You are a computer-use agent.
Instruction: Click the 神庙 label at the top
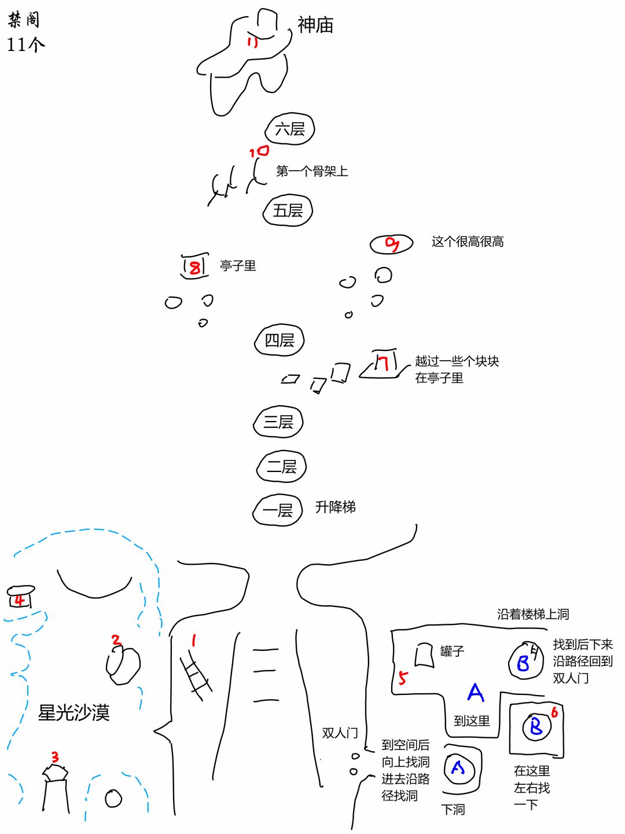pyautogui.click(x=315, y=25)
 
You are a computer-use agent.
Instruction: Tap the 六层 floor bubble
pyautogui.click(x=289, y=129)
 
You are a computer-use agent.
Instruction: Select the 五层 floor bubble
pyautogui.click(x=288, y=210)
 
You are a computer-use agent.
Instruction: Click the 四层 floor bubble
pyautogui.click(x=280, y=340)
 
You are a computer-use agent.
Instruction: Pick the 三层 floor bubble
pyautogui.click(x=278, y=422)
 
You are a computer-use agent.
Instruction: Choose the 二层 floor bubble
pyautogui.click(x=281, y=467)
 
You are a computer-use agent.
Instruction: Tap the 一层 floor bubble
pyautogui.click(x=277, y=510)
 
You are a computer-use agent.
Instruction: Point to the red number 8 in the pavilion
pyautogui.click(x=195, y=267)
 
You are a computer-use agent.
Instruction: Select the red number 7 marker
pyautogui.click(x=383, y=363)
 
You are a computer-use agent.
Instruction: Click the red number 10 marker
pyautogui.click(x=259, y=152)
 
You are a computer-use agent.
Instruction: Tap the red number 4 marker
pyautogui.click(x=19, y=601)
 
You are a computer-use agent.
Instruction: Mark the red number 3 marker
pyautogui.click(x=56, y=756)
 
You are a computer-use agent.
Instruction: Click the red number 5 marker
pyautogui.click(x=403, y=678)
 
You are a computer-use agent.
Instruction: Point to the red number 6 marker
pyautogui.click(x=554, y=712)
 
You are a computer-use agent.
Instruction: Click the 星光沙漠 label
pyautogui.click(x=73, y=712)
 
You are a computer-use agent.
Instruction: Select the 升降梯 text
pyautogui.click(x=336, y=507)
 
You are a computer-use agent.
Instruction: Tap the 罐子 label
pyautogui.click(x=452, y=651)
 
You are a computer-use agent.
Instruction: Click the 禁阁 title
pyautogui.click(x=24, y=19)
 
